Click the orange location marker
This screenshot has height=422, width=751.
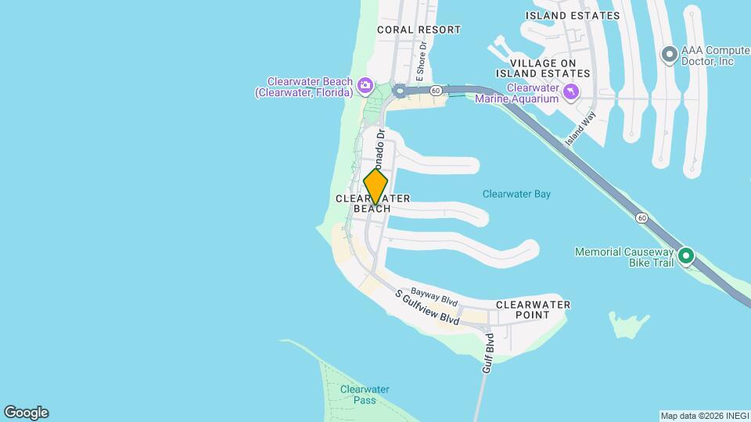click(x=375, y=187)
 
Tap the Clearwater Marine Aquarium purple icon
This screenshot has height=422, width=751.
click(x=572, y=93)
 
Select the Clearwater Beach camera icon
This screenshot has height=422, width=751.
click(x=365, y=85)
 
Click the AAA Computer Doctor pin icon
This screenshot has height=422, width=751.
click(x=669, y=55)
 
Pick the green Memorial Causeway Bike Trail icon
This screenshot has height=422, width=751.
click(x=686, y=256)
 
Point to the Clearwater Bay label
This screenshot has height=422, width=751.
click(x=516, y=194)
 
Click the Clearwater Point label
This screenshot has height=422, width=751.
click(x=533, y=309)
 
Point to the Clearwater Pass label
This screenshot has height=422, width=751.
click(x=364, y=395)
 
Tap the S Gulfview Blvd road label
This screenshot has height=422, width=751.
click(x=426, y=308)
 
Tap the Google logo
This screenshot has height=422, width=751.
click(x=26, y=413)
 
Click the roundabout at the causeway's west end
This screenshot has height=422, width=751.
click(x=400, y=91)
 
